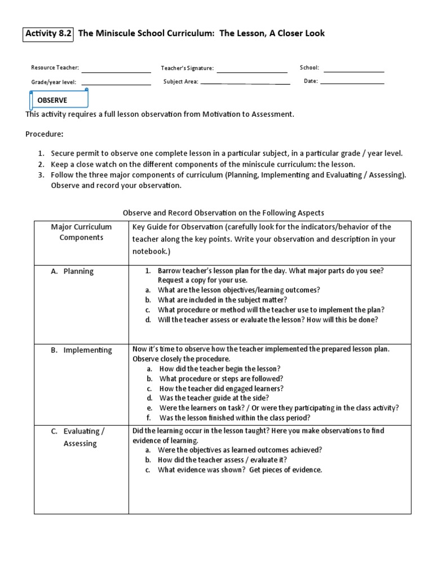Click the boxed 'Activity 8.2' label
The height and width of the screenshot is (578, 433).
point(48,33)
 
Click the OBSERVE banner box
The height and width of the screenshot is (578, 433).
point(59,100)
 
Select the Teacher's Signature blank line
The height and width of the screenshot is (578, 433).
point(251,72)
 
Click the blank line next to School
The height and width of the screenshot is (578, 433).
point(354,71)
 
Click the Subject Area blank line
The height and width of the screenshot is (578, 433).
point(245,84)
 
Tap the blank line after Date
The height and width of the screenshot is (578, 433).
point(352,84)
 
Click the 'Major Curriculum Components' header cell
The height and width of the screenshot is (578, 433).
point(81,232)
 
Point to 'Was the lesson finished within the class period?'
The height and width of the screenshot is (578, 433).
point(235,418)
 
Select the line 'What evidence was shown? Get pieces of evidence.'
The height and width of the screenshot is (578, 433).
point(240,470)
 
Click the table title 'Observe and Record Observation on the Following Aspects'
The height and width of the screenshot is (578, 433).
point(223,212)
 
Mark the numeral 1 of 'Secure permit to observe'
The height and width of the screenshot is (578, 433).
point(41,154)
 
